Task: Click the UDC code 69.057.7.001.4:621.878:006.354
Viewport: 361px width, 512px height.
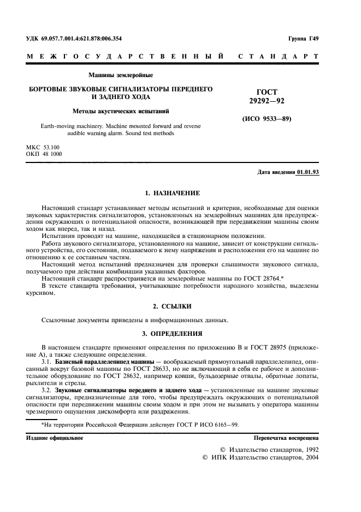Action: click(82, 39)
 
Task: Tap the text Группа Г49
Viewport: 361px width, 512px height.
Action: click(303, 39)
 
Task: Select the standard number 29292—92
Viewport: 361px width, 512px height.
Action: click(267, 101)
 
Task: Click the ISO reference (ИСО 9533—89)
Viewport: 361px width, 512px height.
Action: click(267, 119)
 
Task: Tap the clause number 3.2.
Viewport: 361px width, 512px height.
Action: click(48, 389)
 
